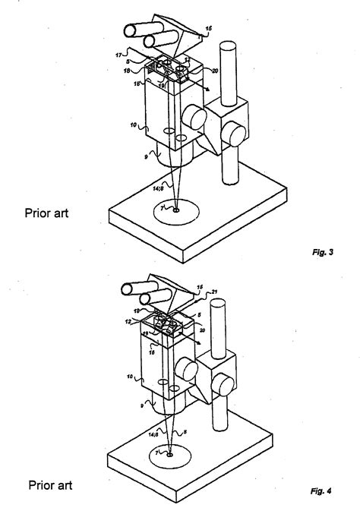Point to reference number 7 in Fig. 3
(164, 207)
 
